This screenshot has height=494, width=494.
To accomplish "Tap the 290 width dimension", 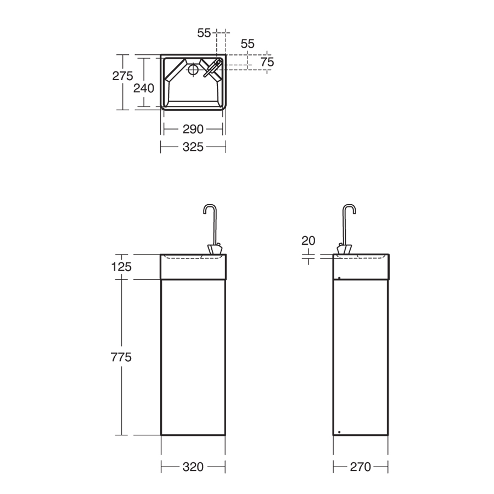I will pos(193,129).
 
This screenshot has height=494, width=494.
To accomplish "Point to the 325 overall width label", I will pos(193,147).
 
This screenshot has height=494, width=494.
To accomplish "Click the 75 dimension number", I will pos(267,62).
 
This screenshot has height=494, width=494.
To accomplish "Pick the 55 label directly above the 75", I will pos(248,44).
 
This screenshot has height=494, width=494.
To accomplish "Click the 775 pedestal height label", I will pos(121,357).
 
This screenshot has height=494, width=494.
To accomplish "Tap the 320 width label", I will pos(193,467).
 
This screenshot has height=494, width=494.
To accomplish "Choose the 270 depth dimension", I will pos(360,467).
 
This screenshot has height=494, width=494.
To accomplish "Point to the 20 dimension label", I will pos(308,240).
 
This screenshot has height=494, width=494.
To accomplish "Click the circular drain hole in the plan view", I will pos(193,70).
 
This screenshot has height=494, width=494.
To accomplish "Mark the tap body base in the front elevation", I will pos(215,250).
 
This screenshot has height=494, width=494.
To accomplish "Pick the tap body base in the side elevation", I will pos(345,250).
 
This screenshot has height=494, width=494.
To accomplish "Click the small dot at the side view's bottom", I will pos(340,431).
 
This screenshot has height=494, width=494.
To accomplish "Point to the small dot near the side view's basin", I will pos(340,278).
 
